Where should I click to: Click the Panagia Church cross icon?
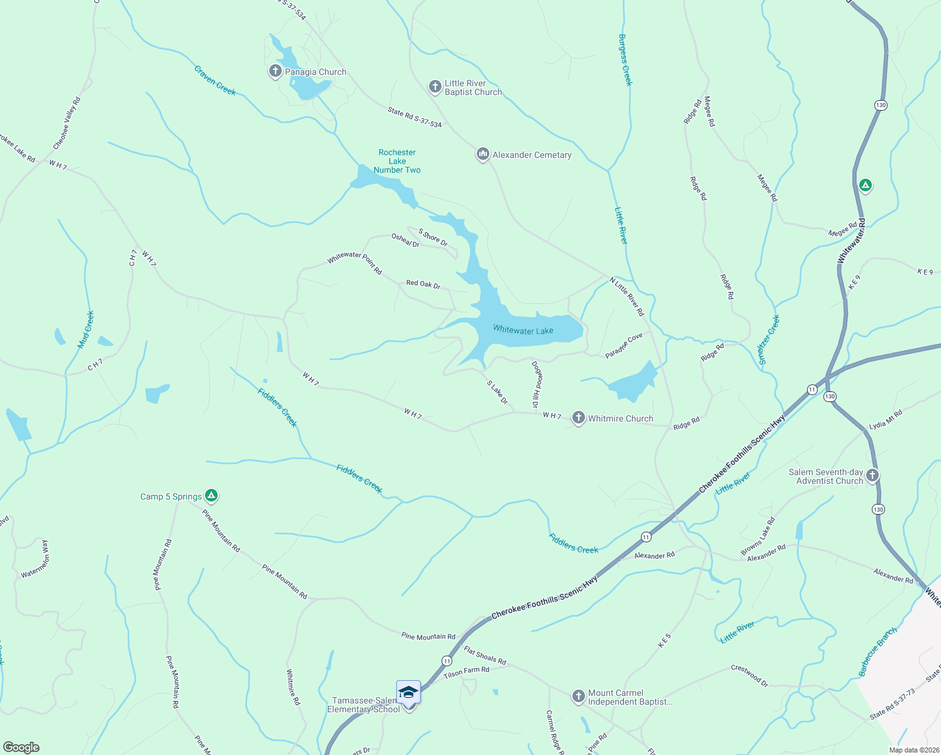[275, 71]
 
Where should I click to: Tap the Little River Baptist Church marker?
[435, 87]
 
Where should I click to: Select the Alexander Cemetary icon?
[482, 154]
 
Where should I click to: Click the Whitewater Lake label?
[523, 330]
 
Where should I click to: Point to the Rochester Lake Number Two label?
[397, 161]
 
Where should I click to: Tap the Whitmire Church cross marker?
[578, 418]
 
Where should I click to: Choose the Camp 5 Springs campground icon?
[212, 496]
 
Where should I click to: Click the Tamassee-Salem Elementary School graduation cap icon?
[408, 692]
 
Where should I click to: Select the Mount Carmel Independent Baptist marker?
[578, 696]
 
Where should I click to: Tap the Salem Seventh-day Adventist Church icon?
[872, 476]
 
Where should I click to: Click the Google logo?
[21, 747]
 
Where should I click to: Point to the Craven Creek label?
[215, 81]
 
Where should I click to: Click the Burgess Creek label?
[625, 60]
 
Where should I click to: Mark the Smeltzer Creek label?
[769, 340]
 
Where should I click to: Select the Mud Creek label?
[86, 330]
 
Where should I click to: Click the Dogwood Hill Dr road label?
[536, 384]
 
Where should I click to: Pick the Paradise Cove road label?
[624, 345]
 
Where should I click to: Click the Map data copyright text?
[913, 749]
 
